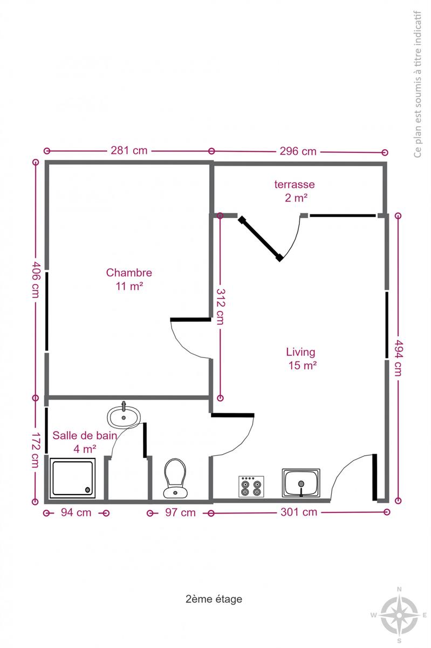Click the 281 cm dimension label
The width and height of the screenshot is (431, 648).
pos(129,151)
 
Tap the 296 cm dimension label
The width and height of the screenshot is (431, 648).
pos(298,151)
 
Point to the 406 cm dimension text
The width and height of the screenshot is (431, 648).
pos(36,280)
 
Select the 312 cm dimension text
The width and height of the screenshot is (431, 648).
pos(221,307)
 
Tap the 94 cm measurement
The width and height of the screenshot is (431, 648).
pos(76,512)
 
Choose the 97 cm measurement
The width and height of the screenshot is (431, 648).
pos(180,512)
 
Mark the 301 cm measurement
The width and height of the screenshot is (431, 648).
pos(299,512)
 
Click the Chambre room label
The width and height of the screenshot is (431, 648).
pos(129,273)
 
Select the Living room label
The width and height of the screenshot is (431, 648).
pos(300,352)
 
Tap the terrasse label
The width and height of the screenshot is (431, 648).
pos(295,184)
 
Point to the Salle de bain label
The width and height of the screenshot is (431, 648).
pos(85,435)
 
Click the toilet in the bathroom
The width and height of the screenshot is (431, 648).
pos(175,478)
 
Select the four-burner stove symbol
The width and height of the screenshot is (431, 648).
pos(251,487)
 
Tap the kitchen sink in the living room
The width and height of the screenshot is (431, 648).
pos(301,483)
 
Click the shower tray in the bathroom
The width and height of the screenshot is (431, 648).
pos(72,478)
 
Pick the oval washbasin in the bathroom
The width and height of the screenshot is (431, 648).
pos(124,416)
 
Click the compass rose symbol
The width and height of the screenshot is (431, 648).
pos(399,615)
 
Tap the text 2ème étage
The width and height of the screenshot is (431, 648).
pos(214,599)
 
